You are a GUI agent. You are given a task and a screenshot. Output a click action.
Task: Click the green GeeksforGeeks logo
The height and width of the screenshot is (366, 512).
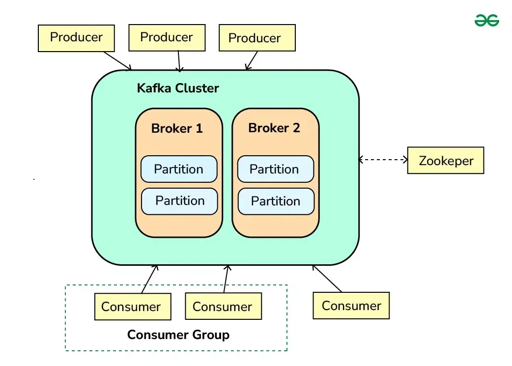486,20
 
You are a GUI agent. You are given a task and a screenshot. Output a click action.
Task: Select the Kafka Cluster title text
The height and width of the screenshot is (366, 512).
177,88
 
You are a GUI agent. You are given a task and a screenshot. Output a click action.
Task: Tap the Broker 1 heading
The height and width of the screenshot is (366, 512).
177,129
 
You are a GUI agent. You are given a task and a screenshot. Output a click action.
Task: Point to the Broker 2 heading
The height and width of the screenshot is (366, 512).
274,128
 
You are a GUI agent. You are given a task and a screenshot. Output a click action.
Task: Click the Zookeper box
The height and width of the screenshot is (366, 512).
446,161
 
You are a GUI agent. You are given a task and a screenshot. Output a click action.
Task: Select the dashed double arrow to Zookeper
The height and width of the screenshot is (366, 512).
383,159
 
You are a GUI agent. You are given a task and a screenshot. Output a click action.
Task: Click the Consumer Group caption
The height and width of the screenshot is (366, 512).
178,335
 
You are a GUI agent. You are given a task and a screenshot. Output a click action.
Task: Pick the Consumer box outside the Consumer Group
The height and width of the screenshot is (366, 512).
351,306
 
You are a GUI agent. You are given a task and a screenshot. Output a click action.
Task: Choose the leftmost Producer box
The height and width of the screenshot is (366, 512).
76,37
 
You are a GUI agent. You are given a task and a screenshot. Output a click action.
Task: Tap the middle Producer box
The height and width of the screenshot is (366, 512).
167,37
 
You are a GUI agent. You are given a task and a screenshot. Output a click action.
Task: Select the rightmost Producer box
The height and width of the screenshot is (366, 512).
255,38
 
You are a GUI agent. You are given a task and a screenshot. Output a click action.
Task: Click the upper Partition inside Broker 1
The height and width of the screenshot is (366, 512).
179,169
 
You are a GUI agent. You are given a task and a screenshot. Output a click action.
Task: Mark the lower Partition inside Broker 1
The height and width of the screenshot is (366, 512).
179,201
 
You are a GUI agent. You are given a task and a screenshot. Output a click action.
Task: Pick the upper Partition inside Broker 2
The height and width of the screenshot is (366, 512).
275,169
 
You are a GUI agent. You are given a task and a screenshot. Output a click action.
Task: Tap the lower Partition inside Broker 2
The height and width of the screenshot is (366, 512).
276,201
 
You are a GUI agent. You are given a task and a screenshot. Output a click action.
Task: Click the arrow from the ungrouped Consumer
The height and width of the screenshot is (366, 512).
327,279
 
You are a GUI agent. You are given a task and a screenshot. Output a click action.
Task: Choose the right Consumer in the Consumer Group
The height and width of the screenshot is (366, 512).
223,307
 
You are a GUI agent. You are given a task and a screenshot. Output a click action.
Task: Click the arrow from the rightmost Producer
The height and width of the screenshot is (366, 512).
251,60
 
